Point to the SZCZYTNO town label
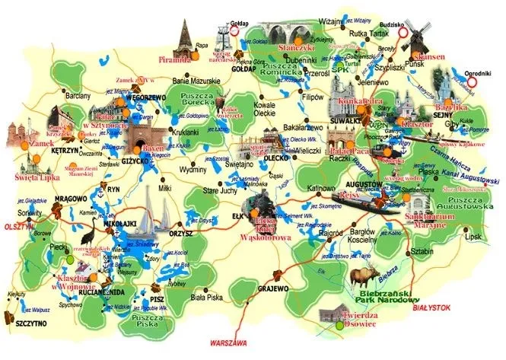point(30,323)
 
